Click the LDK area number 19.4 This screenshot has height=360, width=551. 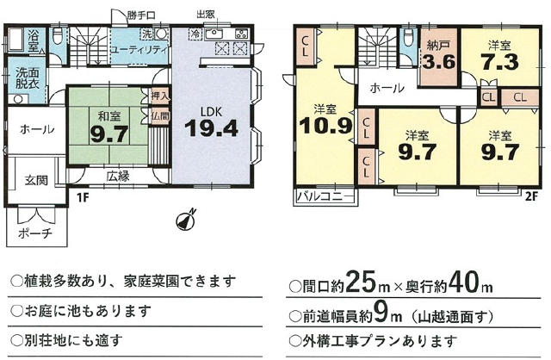(212, 128)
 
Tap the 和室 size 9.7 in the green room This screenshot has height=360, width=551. (108, 134)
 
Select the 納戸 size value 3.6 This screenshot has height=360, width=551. (439, 62)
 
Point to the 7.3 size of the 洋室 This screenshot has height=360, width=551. (499, 62)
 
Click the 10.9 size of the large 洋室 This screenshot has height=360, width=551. (325, 126)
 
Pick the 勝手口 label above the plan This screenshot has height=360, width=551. (140, 16)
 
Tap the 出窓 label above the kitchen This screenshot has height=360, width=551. (206, 15)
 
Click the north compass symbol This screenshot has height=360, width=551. (186, 220)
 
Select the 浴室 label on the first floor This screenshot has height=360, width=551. (36, 40)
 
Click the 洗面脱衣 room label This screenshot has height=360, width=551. (27, 78)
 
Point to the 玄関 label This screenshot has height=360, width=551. (36, 180)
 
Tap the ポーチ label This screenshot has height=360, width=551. (35, 233)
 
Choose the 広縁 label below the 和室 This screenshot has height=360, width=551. (118, 177)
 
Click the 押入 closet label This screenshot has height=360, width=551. (160, 96)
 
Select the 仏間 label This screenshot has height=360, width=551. (160, 115)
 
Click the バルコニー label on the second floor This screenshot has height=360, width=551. (325, 196)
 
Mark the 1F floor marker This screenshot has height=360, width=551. (83, 197)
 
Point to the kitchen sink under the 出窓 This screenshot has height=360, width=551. (214, 34)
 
